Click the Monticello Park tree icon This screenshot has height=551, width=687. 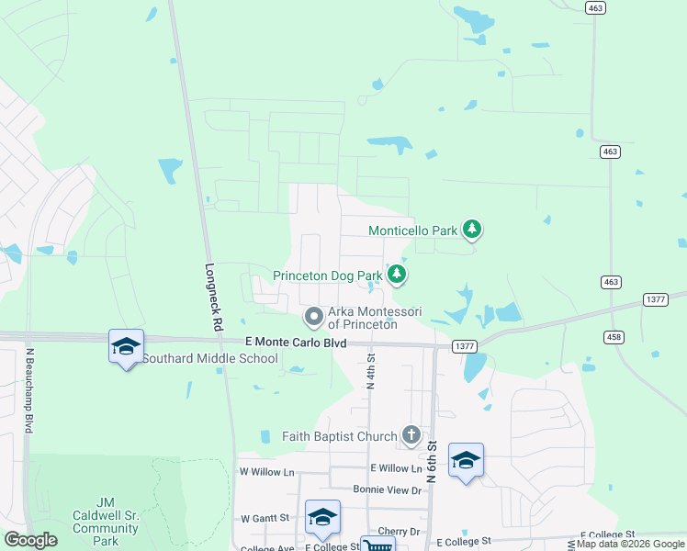pos(471,229)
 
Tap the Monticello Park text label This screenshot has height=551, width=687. pos(412,231)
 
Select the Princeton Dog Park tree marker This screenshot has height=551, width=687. pos(397,274)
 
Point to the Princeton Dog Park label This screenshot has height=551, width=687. pos(328,275)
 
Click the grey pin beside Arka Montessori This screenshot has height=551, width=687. pos(314,317)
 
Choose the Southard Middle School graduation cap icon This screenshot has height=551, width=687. pos(126,346)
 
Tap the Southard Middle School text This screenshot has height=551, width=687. pos(209,358)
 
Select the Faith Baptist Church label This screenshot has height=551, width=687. pos(341,436)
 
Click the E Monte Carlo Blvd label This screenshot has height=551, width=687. pos(296,342)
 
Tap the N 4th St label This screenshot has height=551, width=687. pos(372,371)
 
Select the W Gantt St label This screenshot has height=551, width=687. pos(265,518)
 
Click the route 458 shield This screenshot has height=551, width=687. pos(614,337)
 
